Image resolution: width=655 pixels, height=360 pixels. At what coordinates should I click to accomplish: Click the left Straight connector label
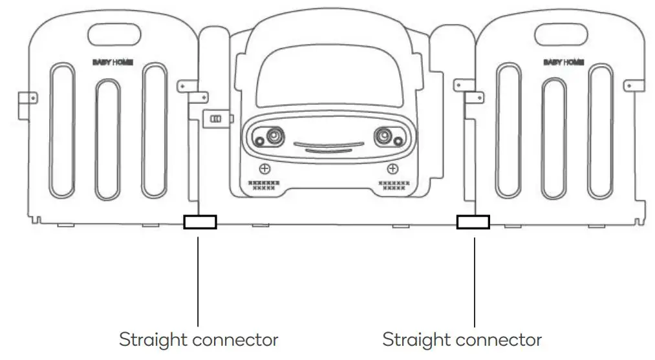[x=199, y=339]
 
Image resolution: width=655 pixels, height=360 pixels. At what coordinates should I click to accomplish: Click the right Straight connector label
[x=462, y=339]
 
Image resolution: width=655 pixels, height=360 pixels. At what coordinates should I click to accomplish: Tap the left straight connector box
[x=200, y=222]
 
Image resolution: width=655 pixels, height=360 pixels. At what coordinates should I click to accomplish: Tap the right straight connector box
[x=473, y=222]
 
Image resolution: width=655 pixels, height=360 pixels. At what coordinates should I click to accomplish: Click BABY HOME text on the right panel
[x=564, y=62]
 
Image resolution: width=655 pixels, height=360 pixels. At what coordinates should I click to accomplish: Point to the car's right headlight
[x=384, y=136]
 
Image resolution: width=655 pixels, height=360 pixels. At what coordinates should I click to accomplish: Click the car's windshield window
[x=328, y=80]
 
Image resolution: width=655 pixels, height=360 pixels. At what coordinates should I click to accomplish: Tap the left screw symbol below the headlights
[x=264, y=169]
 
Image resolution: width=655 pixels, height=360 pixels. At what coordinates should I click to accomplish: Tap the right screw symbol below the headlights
[x=391, y=169]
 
